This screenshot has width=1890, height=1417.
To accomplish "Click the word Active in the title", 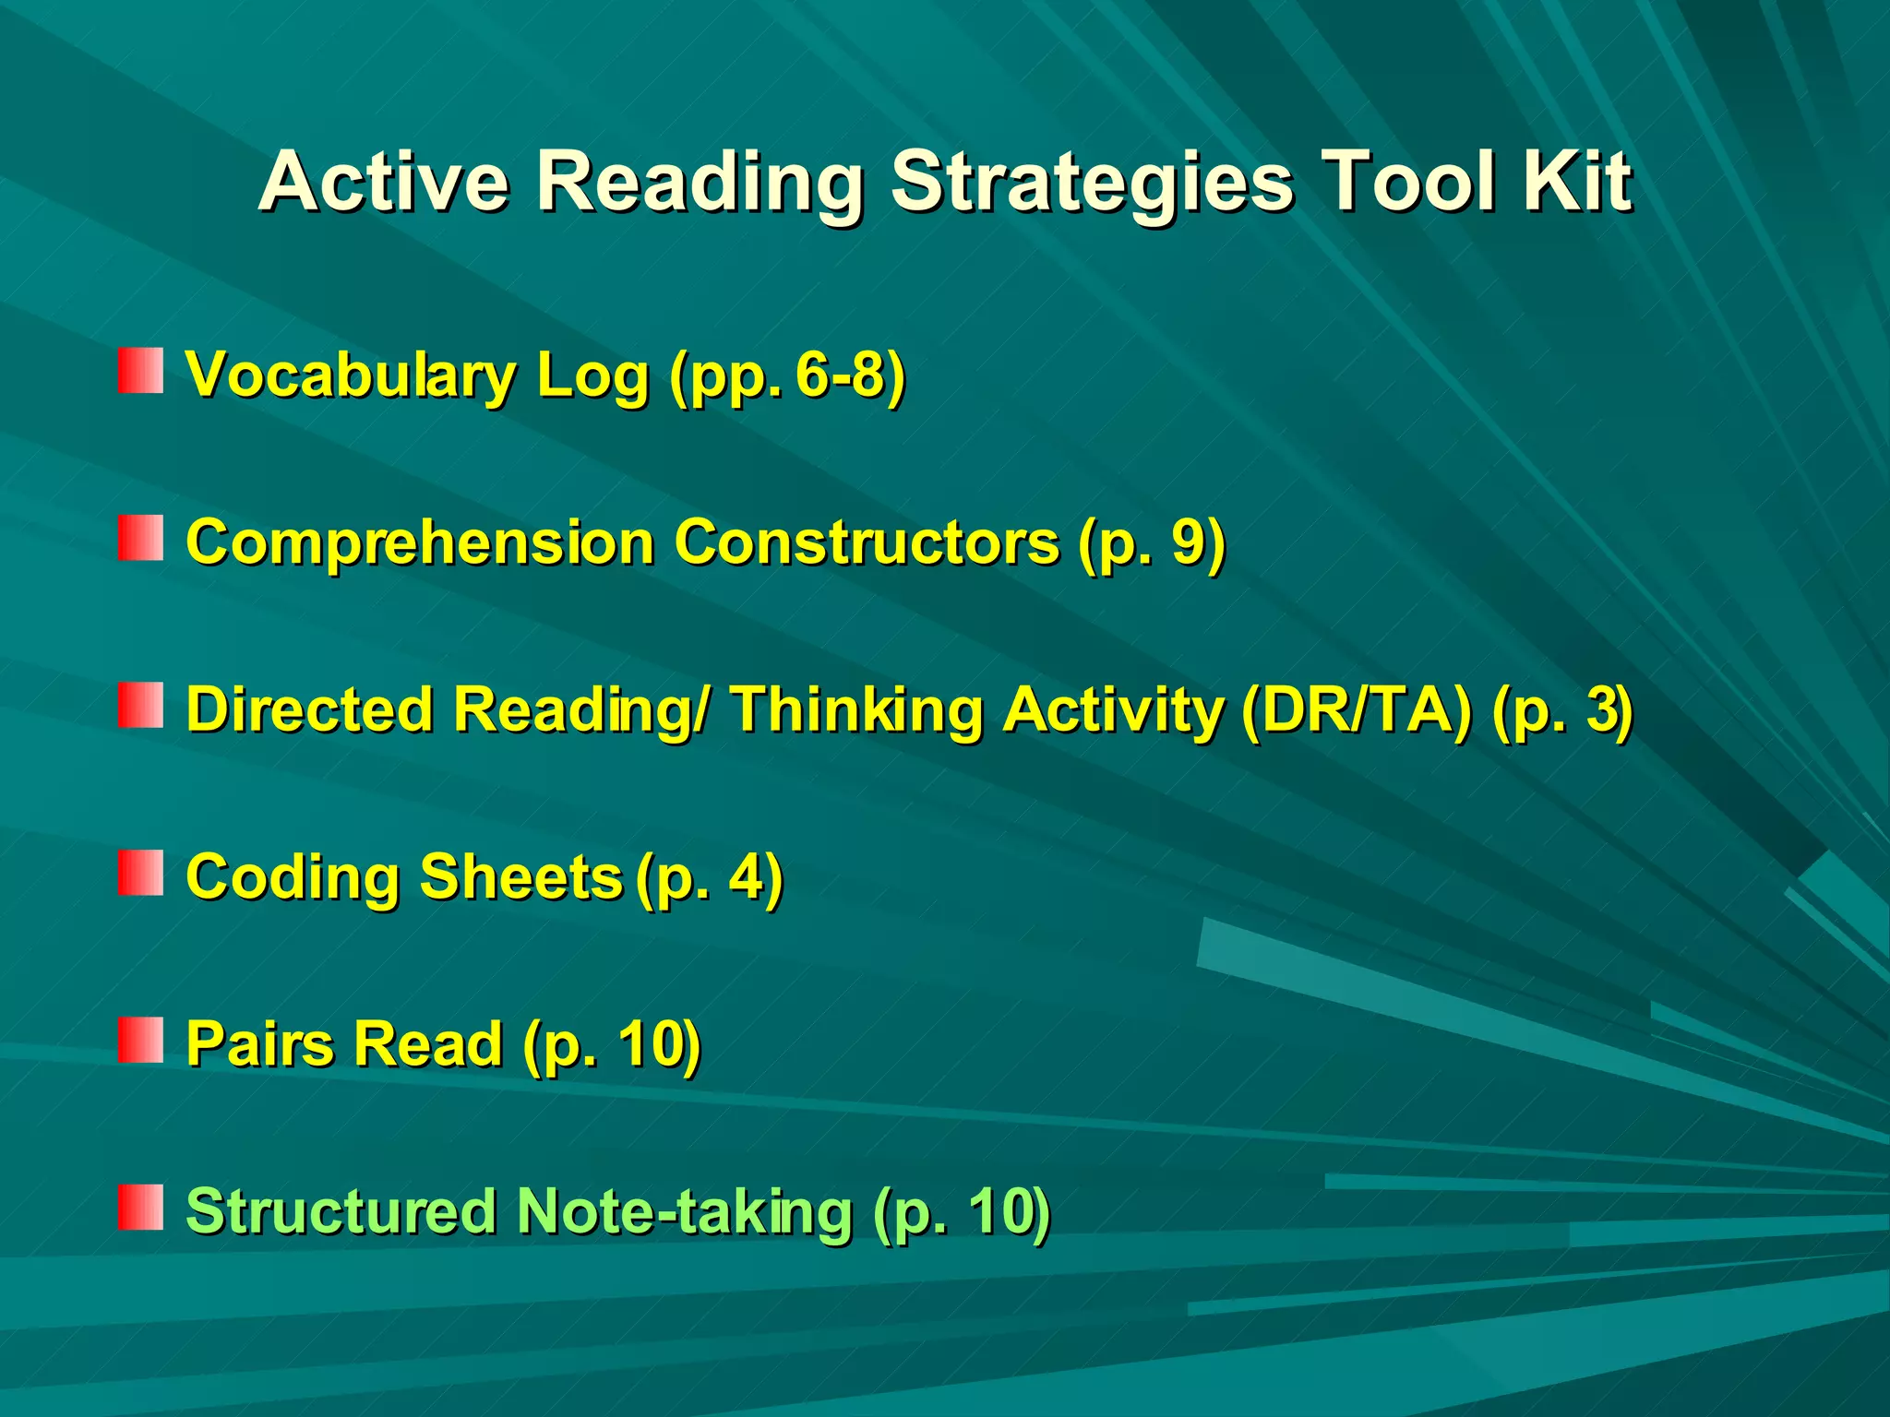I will (384, 182).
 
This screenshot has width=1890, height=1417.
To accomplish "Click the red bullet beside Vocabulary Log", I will (140, 371).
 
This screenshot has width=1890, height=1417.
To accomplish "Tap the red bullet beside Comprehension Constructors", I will (140, 538).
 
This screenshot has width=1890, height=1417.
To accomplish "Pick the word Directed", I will (310, 709).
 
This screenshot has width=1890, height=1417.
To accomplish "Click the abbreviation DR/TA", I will (1356, 709).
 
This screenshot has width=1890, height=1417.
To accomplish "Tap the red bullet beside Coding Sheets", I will (140, 873).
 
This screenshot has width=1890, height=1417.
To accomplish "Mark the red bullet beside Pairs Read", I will (140, 1041).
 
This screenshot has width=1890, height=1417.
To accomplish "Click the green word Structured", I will (341, 1211).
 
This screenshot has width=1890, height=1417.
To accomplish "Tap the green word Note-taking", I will (684, 1211).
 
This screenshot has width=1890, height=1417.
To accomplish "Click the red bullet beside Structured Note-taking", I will (140, 1208).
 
